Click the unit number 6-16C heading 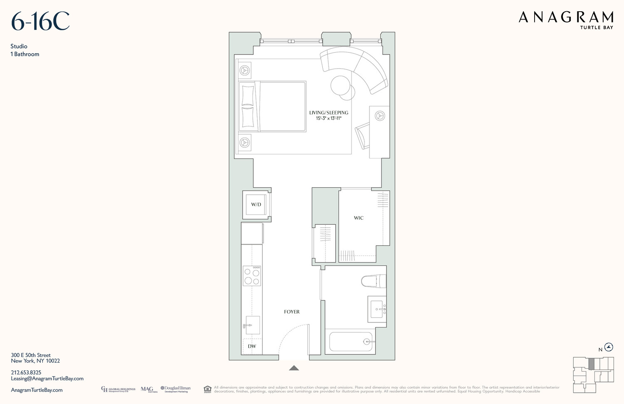40,22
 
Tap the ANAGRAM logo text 566,17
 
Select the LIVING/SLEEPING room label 329,113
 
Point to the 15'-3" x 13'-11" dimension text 329,119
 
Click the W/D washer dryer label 256,205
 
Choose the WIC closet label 359,218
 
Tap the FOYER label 292,312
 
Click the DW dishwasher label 252,346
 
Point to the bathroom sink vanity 377,309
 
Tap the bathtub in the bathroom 351,342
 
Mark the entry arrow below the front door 294,368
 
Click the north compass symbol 609,347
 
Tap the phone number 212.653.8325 26,372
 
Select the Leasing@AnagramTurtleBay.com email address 47,379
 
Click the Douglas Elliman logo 176,389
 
